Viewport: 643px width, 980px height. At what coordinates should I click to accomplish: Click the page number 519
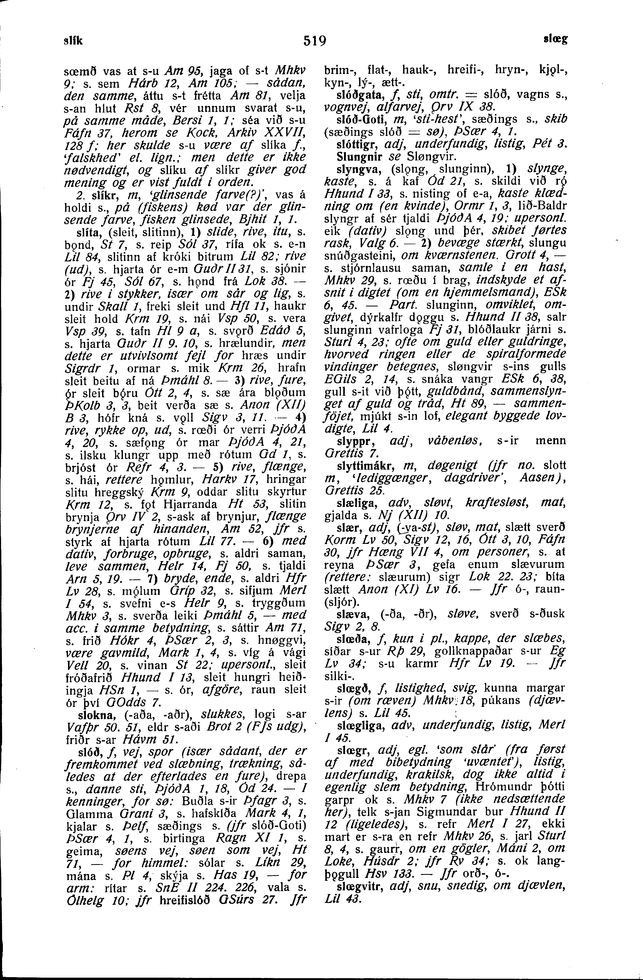(315, 41)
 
